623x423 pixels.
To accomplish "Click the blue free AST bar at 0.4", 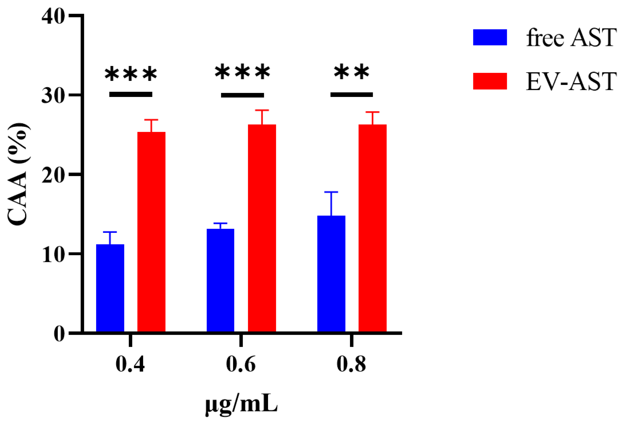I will coord(110,288).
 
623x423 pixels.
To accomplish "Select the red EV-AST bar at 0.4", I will coord(151,232).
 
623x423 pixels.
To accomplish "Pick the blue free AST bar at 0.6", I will coord(220,280).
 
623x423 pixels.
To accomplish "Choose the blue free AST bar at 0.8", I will coord(331,274).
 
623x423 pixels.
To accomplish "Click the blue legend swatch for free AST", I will coord(490,37).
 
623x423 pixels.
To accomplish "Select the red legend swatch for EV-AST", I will coord(490,81).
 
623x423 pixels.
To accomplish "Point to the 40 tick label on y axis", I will coord(53,17).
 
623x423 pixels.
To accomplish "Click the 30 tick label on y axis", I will coord(53,96).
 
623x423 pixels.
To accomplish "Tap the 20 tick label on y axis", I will coord(53,175).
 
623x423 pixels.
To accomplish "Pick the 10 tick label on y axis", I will coord(53,254).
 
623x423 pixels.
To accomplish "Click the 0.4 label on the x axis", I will coord(130,364).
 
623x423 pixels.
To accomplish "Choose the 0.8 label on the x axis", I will coord(351,364).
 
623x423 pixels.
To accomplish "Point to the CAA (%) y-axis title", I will coord(18,174).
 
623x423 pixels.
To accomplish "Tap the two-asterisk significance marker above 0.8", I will coord(351,73).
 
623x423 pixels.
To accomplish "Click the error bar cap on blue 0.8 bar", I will coord(331,192).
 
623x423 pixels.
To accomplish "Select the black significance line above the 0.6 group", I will coord(242,95).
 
